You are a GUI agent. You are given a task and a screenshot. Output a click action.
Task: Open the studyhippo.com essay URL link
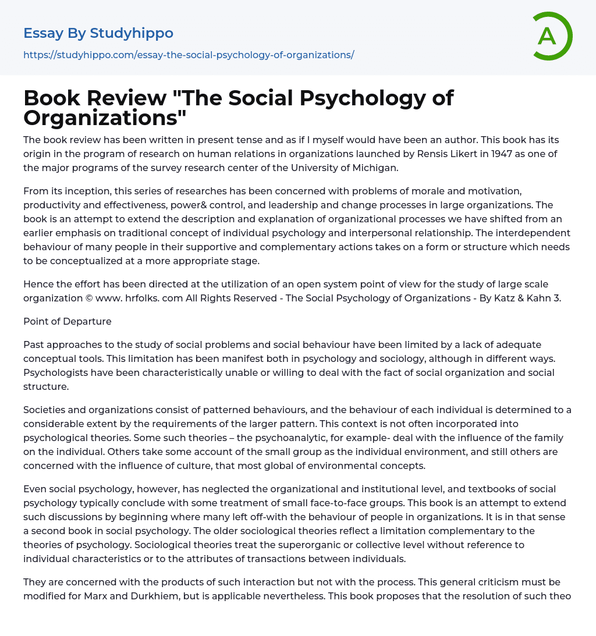(189, 55)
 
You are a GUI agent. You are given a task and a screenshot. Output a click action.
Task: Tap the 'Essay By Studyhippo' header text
(98, 33)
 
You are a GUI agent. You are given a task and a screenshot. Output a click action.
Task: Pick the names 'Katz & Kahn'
(523, 299)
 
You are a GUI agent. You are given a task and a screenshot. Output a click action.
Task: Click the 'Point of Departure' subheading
(68, 321)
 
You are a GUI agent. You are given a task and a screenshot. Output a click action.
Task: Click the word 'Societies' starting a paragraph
(45, 410)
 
